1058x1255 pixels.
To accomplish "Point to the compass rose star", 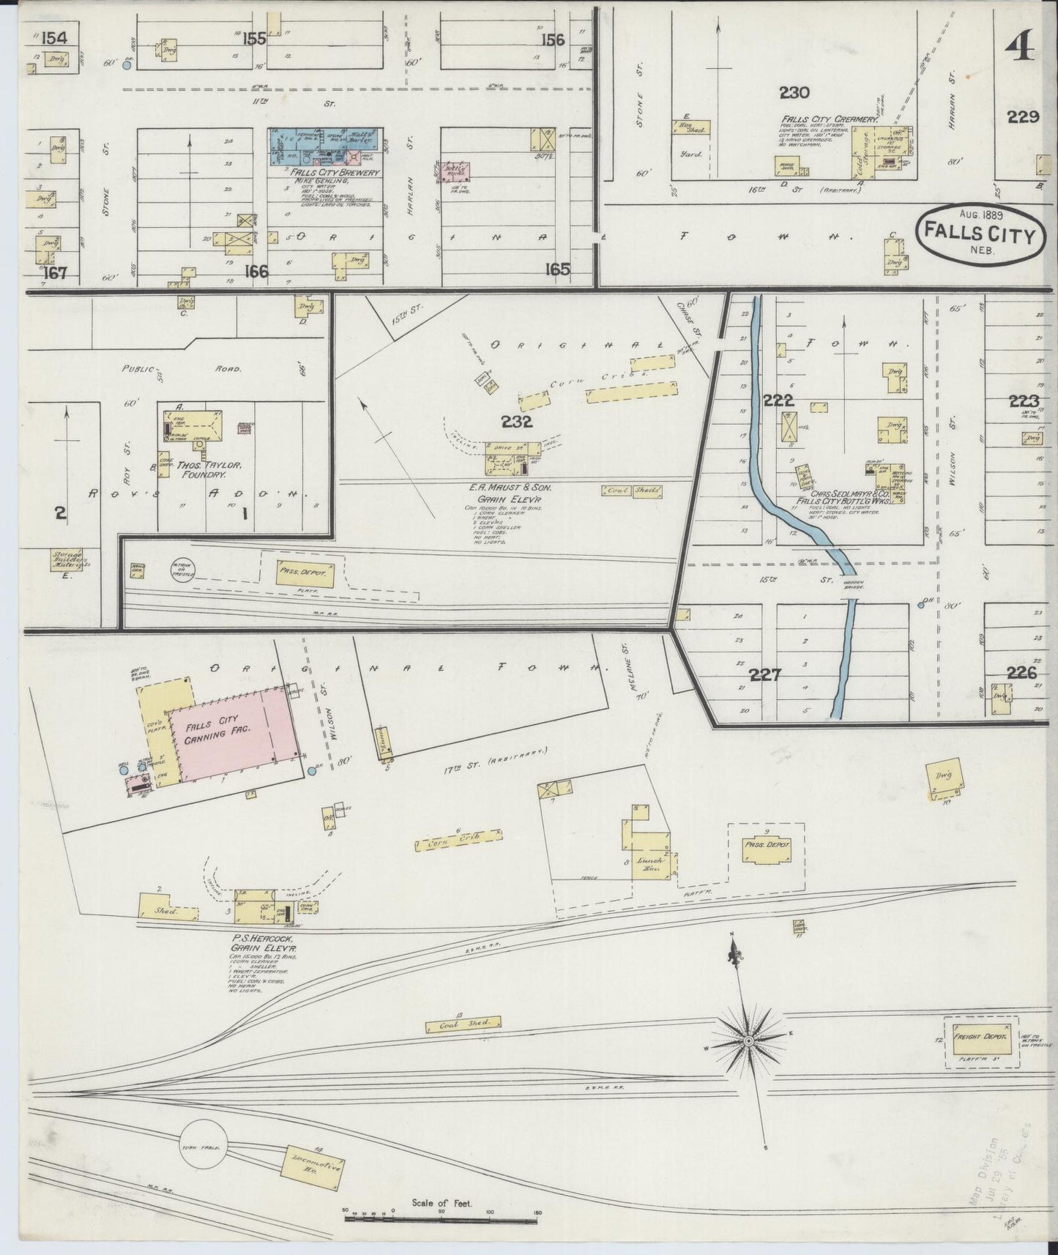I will [749, 1040].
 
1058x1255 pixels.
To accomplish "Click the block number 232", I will [516, 422].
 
